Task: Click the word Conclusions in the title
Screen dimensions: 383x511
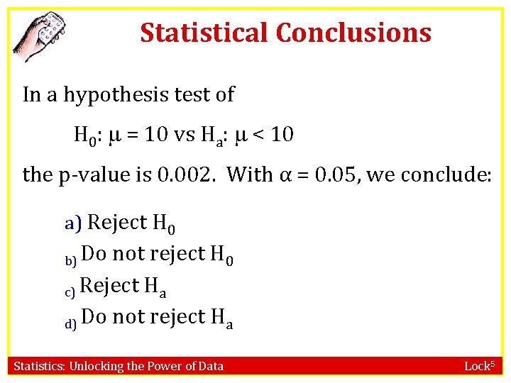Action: coord(353,33)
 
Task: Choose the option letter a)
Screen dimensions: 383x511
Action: coord(74,223)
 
